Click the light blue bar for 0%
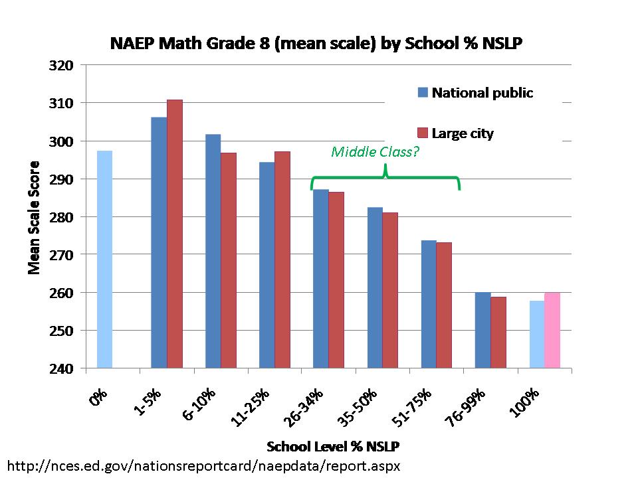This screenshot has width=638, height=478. tap(104, 260)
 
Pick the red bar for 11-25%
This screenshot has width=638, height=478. tap(282, 260)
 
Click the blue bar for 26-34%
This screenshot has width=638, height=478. tap(320, 279)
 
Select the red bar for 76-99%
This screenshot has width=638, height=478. tap(498, 332)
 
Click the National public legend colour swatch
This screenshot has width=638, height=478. tap(423, 92)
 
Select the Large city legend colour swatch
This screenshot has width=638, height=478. tap(423, 133)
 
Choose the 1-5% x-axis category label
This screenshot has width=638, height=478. tap(150, 402)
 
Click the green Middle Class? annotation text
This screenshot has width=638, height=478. tap(375, 152)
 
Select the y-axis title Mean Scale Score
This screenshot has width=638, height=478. tap(34, 217)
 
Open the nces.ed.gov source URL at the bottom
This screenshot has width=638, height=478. tap(203, 465)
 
